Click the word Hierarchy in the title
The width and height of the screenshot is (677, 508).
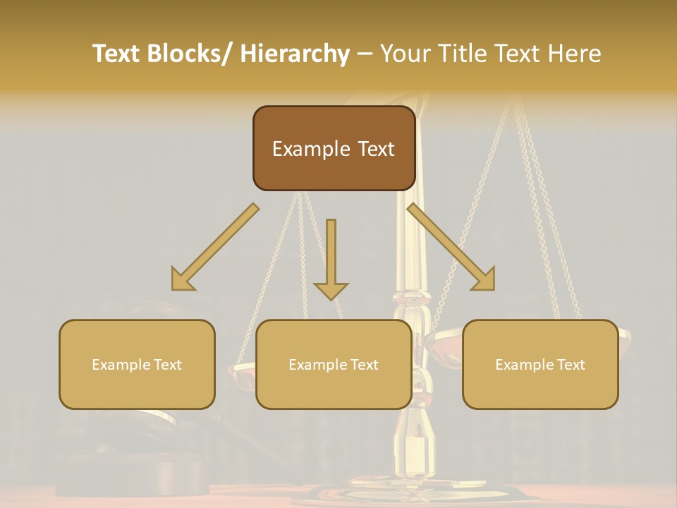tap(295, 54)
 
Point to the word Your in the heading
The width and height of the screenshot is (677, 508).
tap(404, 54)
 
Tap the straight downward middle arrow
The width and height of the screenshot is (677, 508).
tap(331, 254)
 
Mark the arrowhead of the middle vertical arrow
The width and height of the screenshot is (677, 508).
tap(331, 289)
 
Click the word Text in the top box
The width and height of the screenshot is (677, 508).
tap(375, 149)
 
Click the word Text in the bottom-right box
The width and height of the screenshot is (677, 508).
tap(569, 365)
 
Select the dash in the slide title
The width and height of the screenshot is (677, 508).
tap(365, 54)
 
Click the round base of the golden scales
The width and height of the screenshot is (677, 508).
tap(416, 490)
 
